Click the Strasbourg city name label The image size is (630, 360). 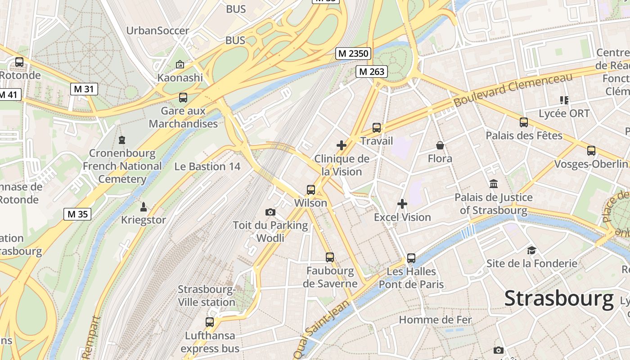point(559,299)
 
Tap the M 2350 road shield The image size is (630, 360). point(353,54)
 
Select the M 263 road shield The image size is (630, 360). point(372,72)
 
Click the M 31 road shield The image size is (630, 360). point(84,89)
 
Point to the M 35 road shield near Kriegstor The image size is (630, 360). point(77,214)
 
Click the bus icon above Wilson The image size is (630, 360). point(311,190)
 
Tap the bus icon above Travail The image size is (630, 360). point(377,128)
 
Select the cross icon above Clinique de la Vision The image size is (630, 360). point(342,145)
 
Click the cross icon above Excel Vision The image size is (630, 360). point(402,204)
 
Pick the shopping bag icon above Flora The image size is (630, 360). point(440,145)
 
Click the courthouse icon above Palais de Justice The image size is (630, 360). point(494,184)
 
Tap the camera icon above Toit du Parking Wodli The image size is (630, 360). point(270,212)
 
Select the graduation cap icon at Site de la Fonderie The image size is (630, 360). point(531,250)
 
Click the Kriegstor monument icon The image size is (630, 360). point(144,207)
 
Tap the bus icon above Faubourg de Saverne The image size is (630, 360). point(330,257)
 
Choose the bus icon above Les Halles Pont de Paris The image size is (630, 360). point(411,258)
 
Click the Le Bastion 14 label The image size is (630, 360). point(207,166)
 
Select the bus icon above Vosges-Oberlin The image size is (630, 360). point(591,151)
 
